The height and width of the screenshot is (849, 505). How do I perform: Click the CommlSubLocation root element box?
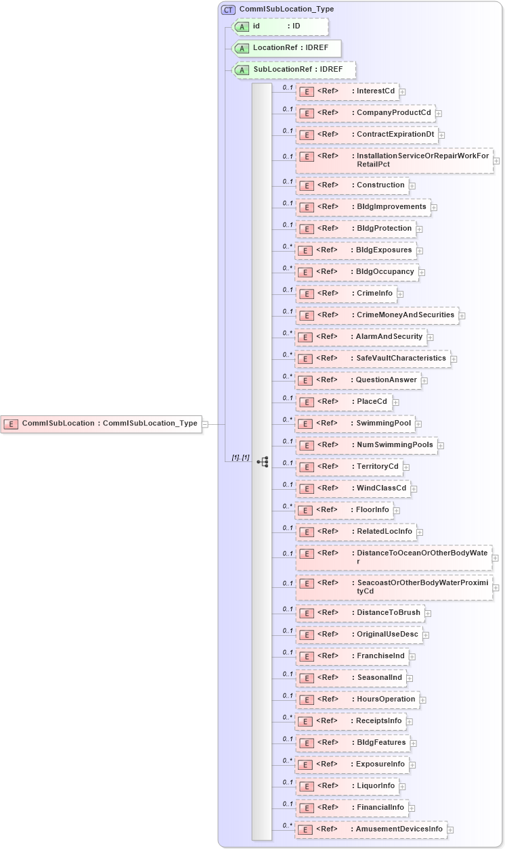click(x=102, y=424)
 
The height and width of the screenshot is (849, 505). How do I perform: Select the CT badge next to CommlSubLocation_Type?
click(x=228, y=9)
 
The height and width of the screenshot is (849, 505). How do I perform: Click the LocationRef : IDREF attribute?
click(x=286, y=48)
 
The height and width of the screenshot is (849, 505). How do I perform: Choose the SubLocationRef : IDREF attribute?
click(x=294, y=70)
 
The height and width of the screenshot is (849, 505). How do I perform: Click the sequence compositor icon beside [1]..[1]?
click(x=263, y=462)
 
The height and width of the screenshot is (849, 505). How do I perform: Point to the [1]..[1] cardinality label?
click(x=240, y=458)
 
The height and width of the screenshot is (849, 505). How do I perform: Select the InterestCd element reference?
click(x=347, y=91)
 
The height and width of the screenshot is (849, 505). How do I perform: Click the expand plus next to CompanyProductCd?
click(x=439, y=114)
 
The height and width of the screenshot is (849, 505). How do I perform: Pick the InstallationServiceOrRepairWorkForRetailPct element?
click(x=395, y=160)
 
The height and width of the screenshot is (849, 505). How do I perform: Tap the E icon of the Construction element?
click(x=306, y=185)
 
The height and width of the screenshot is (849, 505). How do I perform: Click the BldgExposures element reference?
click(x=355, y=250)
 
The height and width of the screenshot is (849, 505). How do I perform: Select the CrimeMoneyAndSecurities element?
click(x=376, y=315)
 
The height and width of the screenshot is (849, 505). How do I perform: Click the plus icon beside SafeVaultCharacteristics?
click(x=454, y=359)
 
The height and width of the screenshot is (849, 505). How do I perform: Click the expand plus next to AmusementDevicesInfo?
click(x=450, y=830)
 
